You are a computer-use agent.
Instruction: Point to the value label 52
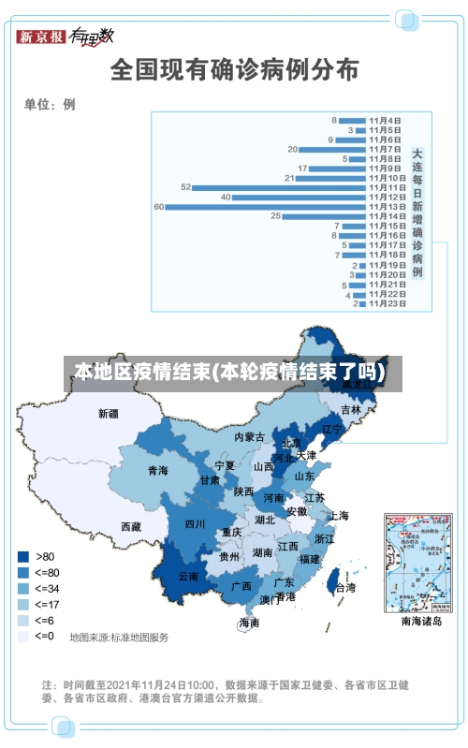(x=185, y=187)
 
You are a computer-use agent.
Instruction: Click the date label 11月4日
(x=386, y=120)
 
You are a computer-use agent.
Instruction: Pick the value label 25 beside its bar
(x=275, y=216)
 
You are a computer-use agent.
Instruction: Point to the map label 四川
(x=195, y=524)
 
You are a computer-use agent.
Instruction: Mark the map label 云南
(x=188, y=577)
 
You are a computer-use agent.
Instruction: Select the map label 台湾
(x=344, y=588)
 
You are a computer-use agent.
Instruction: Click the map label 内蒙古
(x=249, y=436)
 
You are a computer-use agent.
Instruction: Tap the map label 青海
(x=157, y=471)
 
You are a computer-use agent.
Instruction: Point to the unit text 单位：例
(x=50, y=105)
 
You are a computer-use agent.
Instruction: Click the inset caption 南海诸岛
(x=420, y=621)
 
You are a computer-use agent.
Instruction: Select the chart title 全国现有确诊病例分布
(x=234, y=70)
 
